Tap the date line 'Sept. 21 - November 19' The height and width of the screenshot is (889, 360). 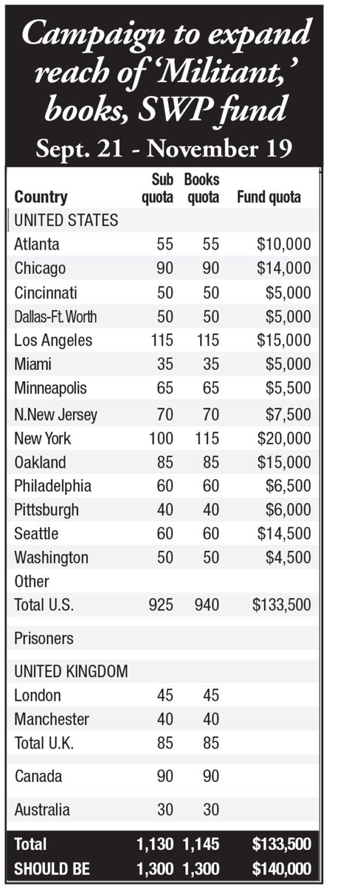164,149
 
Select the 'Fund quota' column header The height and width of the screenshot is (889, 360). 269,197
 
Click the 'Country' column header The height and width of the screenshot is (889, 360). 41,197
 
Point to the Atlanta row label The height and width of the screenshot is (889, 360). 36,244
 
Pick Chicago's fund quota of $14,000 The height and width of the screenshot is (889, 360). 284,269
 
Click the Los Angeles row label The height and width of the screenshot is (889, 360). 53,340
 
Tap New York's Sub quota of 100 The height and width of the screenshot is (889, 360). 161,439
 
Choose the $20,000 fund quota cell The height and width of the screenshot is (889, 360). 284,439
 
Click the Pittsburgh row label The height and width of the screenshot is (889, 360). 46,510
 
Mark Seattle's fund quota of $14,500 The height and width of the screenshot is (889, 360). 284,534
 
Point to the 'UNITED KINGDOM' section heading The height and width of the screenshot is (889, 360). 71,671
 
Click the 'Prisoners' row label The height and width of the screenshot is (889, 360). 44,638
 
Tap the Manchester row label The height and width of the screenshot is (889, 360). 52,719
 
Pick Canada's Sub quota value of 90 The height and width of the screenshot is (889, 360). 165,776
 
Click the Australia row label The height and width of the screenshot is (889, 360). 42,810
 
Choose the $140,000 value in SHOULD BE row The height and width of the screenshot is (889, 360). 282,869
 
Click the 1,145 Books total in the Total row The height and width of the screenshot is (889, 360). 201,844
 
